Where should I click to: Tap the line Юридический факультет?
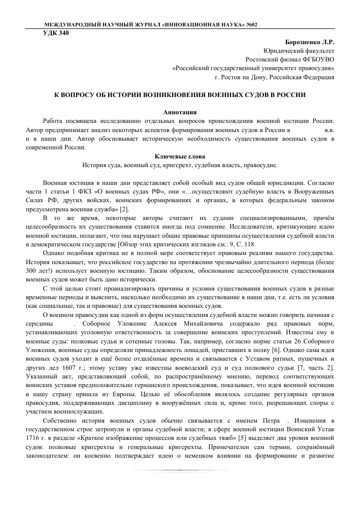coord(299,51)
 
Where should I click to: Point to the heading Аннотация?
coord(180,111)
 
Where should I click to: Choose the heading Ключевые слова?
coord(180,156)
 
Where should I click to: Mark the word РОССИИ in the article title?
coord(288,94)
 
